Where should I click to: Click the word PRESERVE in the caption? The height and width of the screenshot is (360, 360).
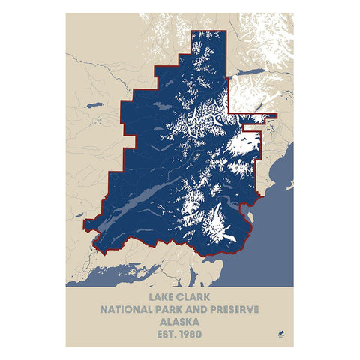click(x=240, y=309)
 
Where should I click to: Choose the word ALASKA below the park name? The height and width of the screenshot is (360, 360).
click(x=178, y=322)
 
